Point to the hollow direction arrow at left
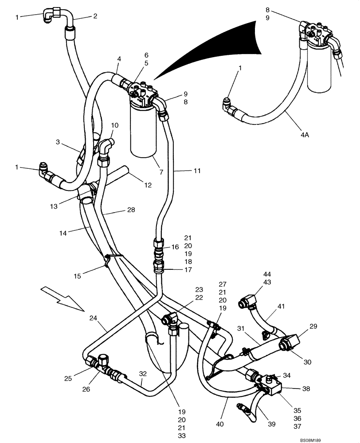click(60, 297)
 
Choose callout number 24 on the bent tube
click(93, 318)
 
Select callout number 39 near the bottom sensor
click(271, 424)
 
